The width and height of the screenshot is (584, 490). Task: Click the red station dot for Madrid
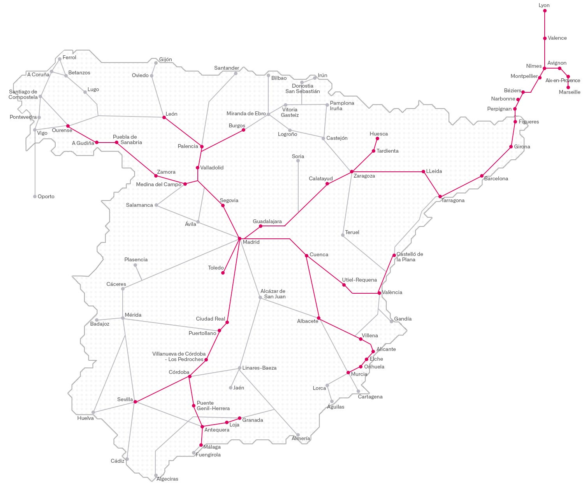239,238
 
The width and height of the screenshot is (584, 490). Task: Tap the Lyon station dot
545,11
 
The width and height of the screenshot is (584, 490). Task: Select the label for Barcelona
496,179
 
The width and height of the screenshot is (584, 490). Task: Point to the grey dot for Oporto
35,197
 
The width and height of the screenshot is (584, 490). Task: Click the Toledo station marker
223,273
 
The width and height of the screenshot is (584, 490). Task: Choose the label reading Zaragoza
364,176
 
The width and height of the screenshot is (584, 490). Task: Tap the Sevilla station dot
135,402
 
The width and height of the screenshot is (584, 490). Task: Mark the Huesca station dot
377,138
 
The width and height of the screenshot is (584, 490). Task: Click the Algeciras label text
167,479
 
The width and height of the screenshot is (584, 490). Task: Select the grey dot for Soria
298,161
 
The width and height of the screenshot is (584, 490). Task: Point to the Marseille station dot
568,87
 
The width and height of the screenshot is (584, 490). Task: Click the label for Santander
227,68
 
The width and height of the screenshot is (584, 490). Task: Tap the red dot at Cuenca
306,256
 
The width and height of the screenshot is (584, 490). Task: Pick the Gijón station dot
156,63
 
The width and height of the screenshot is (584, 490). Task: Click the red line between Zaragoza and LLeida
387,171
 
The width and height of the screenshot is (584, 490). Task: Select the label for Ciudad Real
210,319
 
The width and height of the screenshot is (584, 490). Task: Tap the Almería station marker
298,435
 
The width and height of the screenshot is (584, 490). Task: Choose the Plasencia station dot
135,265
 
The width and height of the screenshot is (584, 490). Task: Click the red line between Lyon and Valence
545,25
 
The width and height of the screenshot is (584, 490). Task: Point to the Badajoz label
100,324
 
